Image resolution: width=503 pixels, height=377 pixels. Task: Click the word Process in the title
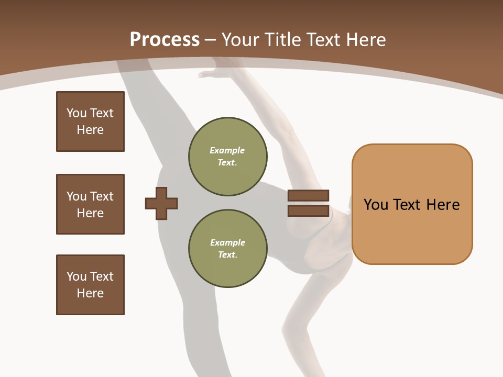click(x=165, y=40)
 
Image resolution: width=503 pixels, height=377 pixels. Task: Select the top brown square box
click(x=90, y=121)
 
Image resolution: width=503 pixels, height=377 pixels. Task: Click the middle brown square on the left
click(x=90, y=204)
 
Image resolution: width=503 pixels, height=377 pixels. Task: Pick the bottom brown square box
click(x=90, y=285)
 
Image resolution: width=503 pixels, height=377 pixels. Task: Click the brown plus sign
click(x=161, y=203)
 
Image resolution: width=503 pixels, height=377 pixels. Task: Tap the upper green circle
click(x=228, y=157)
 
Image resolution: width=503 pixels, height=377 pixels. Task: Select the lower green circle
click(x=228, y=249)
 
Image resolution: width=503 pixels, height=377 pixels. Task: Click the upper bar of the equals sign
click(x=308, y=196)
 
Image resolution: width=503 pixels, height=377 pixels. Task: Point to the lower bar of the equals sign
click(x=308, y=211)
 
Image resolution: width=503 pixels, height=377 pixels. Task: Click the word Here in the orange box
click(x=443, y=205)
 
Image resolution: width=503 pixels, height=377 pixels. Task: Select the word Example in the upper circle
click(x=227, y=150)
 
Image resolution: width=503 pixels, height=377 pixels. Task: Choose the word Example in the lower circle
click(x=227, y=242)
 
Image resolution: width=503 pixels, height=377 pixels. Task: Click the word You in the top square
click(x=76, y=113)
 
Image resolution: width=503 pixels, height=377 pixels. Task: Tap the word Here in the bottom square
click(x=90, y=293)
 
